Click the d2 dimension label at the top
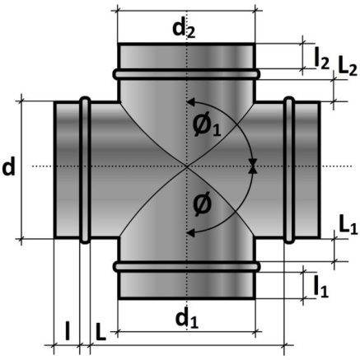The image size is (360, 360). pyautogui.click(x=184, y=29)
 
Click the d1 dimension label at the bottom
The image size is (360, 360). pyautogui.click(x=187, y=319)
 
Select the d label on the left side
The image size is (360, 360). pyautogui.click(x=8, y=167)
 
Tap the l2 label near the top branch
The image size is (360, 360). pyautogui.click(x=321, y=59)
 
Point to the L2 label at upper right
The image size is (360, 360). pyautogui.click(x=348, y=67)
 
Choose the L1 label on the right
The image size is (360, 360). pyautogui.click(x=348, y=226)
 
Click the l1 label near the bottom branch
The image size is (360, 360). pyautogui.click(x=321, y=287)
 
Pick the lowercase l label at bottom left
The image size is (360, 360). pyautogui.click(x=68, y=331)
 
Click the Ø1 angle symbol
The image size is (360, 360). pyautogui.click(x=207, y=126)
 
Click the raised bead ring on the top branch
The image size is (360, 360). pyautogui.click(x=186, y=74)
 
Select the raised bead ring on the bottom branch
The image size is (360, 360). pyautogui.click(x=186, y=267)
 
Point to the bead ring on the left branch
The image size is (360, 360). pyautogui.click(x=85, y=170)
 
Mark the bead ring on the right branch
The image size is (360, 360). pyautogui.click(x=289, y=170)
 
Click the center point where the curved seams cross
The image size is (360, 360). pyautogui.click(x=187, y=166)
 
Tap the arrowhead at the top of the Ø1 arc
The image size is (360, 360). pyautogui.click(x=190, y=102)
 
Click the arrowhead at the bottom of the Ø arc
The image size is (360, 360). pyautogui.click(x=190, y=233)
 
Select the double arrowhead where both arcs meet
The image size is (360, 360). pyautogui.click(x=253, y=166)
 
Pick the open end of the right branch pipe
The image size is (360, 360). pyautogui.click(x=319, y=170)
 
